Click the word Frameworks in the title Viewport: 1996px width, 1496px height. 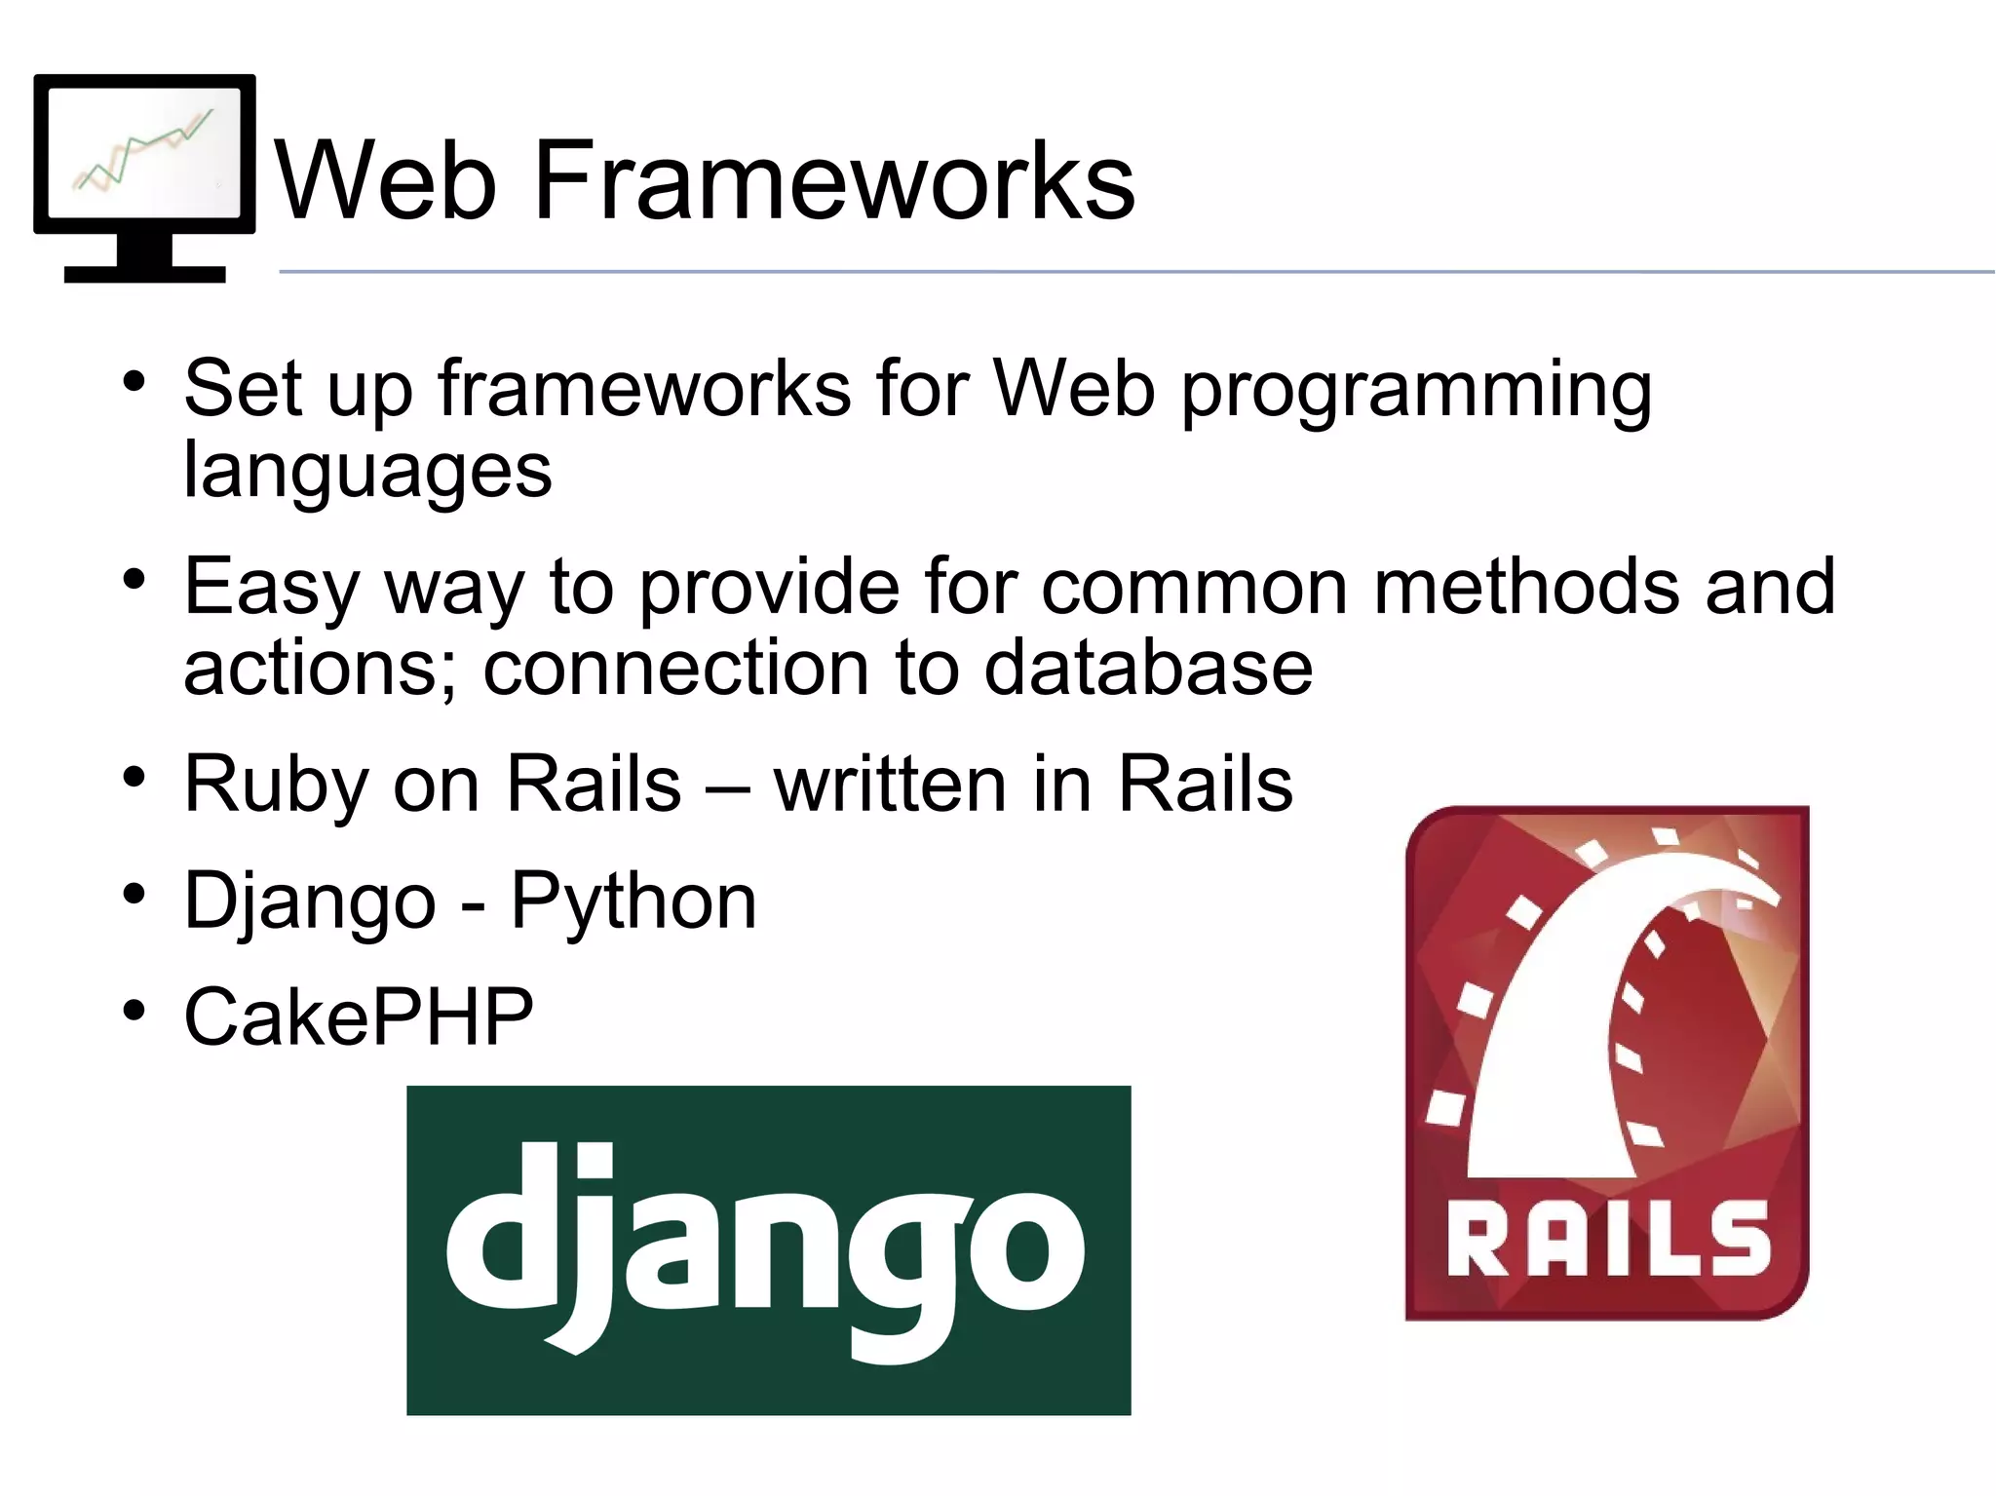pos(833,180)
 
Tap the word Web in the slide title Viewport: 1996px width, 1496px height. pos(387,180)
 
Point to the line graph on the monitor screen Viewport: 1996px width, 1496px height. pos(144,151)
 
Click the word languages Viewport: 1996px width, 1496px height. pos(367,472)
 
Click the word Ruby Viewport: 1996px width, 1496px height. pos(276,786)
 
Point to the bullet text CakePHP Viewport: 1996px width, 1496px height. pos(359,1017)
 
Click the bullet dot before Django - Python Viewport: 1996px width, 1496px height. pos(134,893)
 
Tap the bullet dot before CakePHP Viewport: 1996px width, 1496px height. pos(134,1010)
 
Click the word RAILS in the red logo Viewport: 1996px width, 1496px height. pos(1608,1238)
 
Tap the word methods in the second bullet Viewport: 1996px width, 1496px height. pos(1526,587)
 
